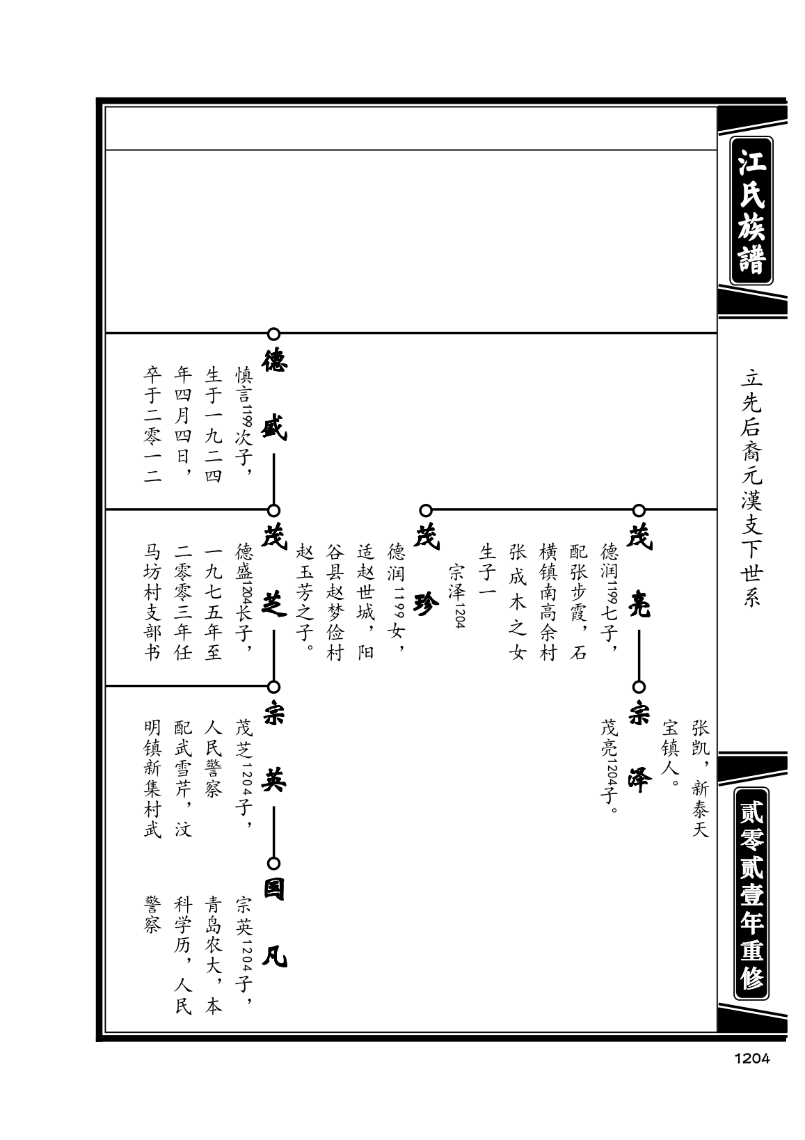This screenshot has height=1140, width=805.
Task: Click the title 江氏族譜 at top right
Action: click(751, 210)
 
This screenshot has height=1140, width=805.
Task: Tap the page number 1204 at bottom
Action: click(751, 1059)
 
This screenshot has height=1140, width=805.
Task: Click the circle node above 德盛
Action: click(273, 334)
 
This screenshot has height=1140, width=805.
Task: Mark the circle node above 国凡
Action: click(273, 863)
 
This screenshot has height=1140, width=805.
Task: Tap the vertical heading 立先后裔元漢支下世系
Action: click(751, 488)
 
